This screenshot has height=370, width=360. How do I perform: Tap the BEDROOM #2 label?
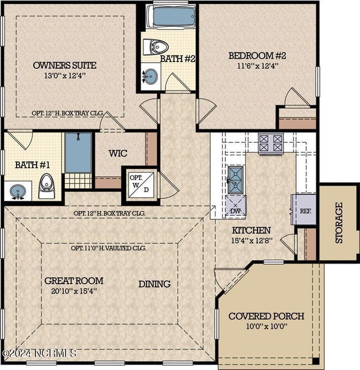[x=253, y=56]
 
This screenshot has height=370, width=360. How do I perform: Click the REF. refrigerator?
[x=304, y=210]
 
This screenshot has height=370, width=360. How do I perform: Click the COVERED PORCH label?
[x=266, y=316]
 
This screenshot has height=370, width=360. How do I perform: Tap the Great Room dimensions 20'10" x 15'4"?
[x=74, y=291]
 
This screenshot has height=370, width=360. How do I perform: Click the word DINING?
[x=154, y=284]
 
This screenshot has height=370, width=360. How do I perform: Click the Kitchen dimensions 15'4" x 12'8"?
[x=251, y=240]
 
